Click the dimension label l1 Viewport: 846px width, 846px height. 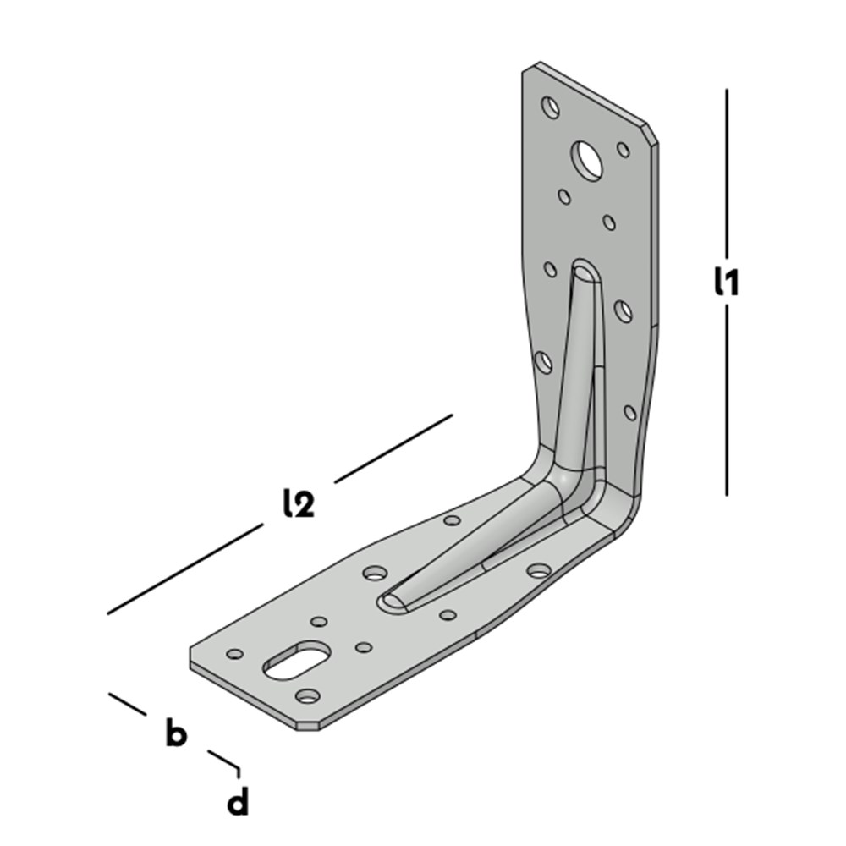[726, 282]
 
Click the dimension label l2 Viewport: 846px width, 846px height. [299, 503]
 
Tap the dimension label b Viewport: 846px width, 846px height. [176, 732]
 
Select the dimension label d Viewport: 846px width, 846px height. [238, 801]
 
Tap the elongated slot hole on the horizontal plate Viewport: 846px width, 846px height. [295, 660]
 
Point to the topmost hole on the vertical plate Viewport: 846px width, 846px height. [551, 107]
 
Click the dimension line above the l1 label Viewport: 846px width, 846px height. [726, 173]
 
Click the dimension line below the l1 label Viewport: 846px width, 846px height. [726, 400]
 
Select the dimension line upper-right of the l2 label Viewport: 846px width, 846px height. [393, 448]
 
